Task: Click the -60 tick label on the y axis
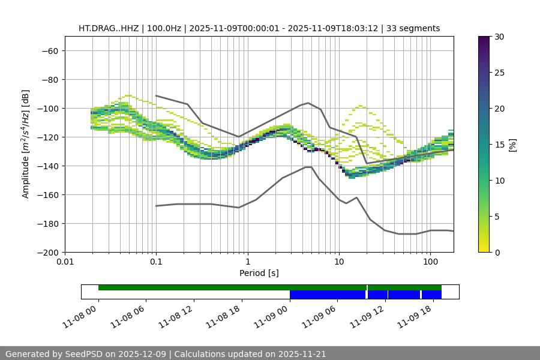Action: [x=49, y=50]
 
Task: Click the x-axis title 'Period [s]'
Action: [x=259, y=273]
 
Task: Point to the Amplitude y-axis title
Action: [x=25, y=144]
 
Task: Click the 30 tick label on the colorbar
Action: [x=499, y=37]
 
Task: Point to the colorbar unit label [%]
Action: [x=513, y=145]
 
